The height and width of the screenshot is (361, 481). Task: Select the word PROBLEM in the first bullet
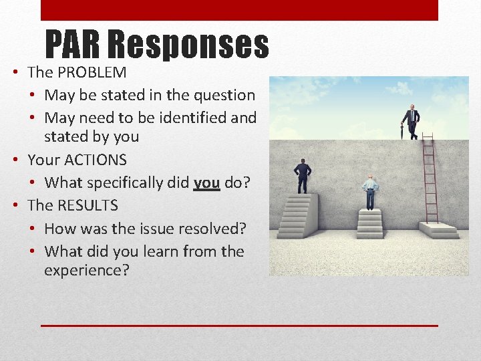coord(92,72)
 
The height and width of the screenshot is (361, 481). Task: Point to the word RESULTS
coord(87,206)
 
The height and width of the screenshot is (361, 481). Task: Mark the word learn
coord(170,251)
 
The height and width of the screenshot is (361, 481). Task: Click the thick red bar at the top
coord(239,10)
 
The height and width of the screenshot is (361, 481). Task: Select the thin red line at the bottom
coord(239,326)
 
